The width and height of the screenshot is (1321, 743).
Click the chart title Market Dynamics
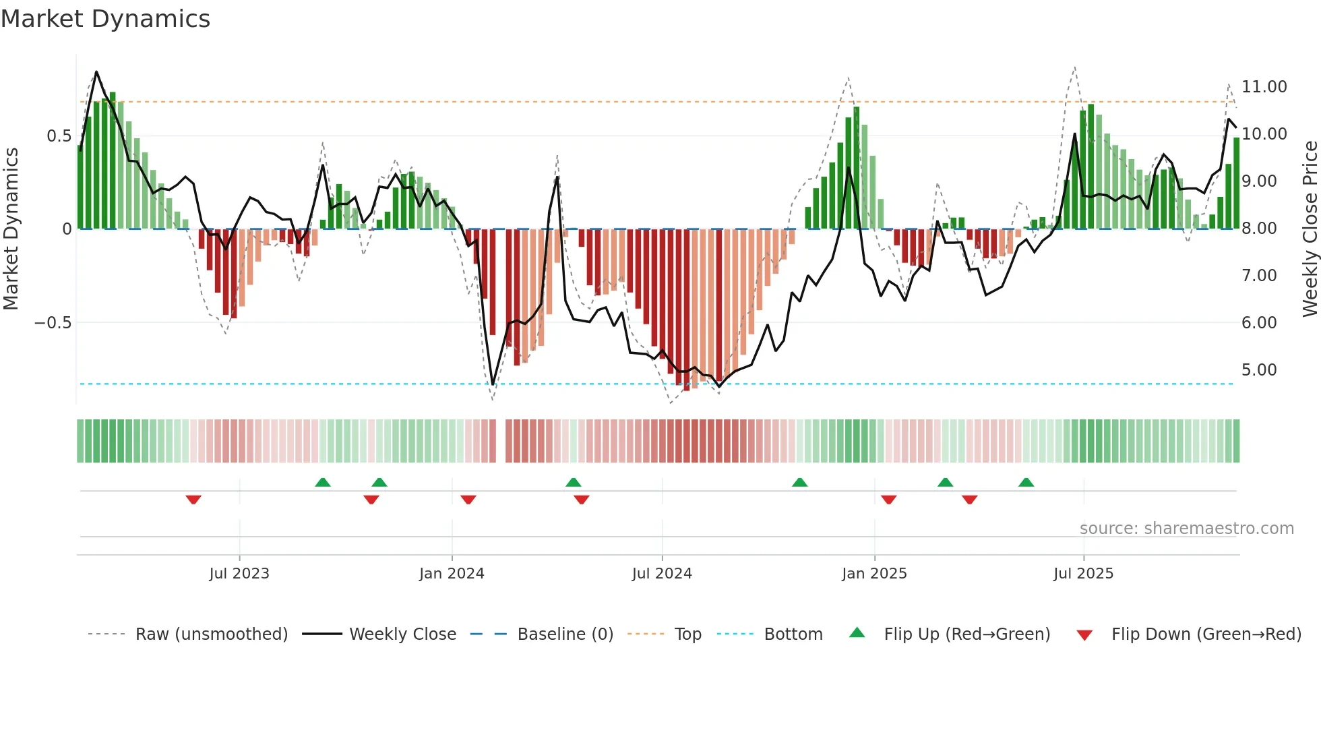pos(105,19)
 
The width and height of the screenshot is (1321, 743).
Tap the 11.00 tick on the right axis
pos(1264,87)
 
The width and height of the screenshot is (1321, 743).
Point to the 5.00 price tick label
pos(1258,370)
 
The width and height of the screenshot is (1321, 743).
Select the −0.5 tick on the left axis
pos(53,323)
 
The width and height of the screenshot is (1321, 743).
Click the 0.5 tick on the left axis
pos(59,136)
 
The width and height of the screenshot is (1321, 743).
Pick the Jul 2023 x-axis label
pos(239,574)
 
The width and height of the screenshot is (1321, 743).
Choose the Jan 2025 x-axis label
pos(873,574)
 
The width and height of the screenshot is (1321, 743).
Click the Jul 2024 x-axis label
pos(661,574)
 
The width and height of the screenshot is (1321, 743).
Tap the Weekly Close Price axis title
pos(1310,229)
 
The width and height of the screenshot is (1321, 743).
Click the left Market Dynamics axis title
pos(11,229)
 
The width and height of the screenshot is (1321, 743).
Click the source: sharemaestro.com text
pos(1186,529)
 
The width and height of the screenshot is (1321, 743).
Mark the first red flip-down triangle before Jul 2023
pos(193,500)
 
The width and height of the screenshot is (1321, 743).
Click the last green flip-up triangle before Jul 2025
pos(1026,482)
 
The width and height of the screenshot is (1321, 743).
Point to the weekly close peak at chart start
pos(96,72)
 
